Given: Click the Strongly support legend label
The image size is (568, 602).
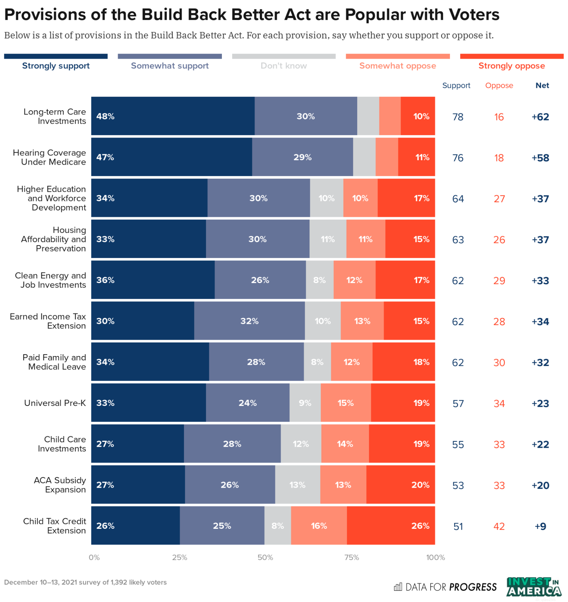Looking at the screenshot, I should click(56, 66).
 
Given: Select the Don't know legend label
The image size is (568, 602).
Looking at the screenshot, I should click(283, 66).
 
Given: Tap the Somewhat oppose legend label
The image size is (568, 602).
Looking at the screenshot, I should click(397, 66).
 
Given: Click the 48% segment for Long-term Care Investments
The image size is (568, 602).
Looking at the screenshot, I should click(173, 116).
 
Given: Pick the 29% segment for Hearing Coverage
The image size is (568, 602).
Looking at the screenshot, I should click(302, 157).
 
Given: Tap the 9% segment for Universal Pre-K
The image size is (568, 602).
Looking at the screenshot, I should click(305, 403).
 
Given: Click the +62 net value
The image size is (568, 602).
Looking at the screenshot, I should click(540, 117).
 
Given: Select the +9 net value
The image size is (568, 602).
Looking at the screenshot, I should click(540, 526).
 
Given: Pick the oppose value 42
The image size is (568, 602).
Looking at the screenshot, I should click(499, 526).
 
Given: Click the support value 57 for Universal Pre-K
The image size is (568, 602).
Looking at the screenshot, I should click(458, 403).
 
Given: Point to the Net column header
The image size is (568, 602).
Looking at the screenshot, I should click(542, 86).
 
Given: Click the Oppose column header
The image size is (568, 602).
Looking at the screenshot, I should click(499, 86).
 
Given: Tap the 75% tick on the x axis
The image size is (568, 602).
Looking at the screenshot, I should click(352, 557).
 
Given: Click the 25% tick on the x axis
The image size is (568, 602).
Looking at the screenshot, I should click(179, 557).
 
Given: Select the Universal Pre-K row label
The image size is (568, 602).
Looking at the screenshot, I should click(55, 403).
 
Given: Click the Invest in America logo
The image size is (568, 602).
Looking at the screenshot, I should click(533, 587).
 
